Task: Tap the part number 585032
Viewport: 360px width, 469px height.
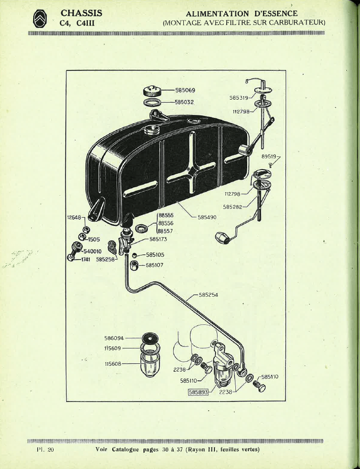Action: click(185, 102)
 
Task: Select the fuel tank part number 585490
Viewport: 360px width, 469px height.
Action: click(207, 217)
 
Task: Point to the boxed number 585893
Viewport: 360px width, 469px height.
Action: click(199, 392)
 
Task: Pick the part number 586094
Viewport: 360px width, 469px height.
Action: click(114, 338)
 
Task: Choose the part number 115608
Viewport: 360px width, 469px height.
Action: click(113, 364)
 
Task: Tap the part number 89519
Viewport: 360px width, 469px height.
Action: click(268, 156)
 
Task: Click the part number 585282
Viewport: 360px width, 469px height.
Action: click(232, 207)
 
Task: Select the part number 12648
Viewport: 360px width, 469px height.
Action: click(74, 217)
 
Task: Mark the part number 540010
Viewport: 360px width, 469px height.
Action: click(92, 251)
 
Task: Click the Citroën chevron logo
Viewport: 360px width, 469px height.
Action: click(43, 19)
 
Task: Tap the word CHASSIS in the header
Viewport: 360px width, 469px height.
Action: click(81, 13)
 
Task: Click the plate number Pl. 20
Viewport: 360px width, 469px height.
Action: click(45, 450)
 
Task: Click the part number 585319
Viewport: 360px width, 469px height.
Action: click(239, 97)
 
